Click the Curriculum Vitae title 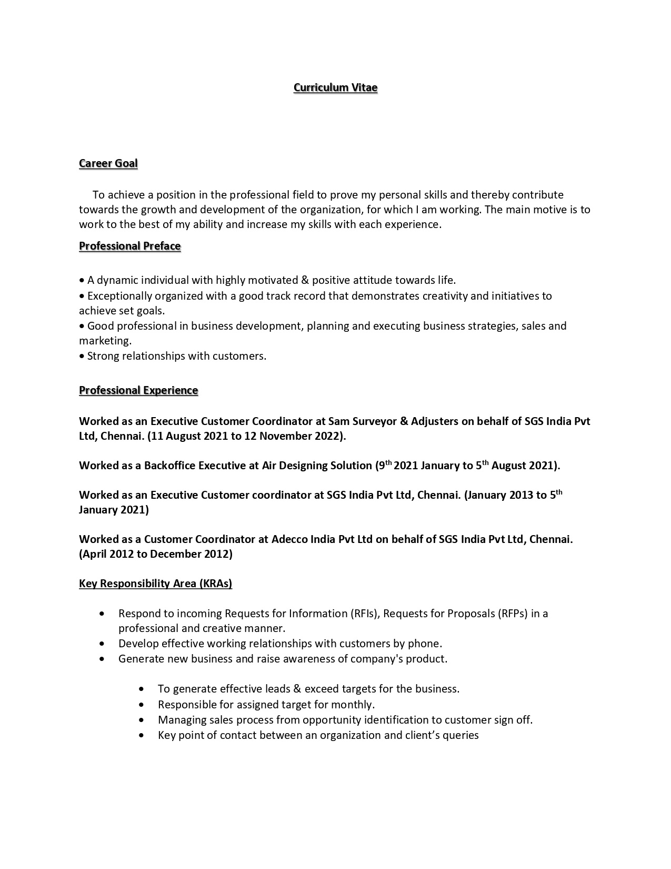pos(335,87)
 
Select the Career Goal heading pos(108,163)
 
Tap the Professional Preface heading pos(129,246)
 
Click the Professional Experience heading pos(138,390)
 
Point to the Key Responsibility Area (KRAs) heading pos(155,584)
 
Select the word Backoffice pos(169,466)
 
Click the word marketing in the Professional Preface pos(104,341)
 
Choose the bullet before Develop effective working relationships pos(102,644)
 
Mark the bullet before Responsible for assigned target pos(141,705)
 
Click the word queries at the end pos(461,735)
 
